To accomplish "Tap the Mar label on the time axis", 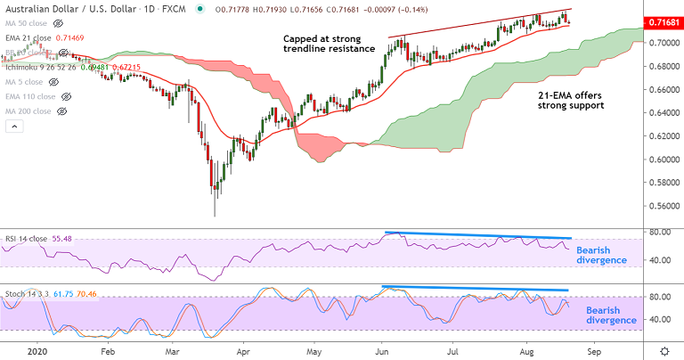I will coord(175,351).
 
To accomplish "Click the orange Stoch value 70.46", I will coord(96,293).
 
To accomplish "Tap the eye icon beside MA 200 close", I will coord(61,111).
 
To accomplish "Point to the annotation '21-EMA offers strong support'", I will coord(571,99).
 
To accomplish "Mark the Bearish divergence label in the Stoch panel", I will coord(611,315).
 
